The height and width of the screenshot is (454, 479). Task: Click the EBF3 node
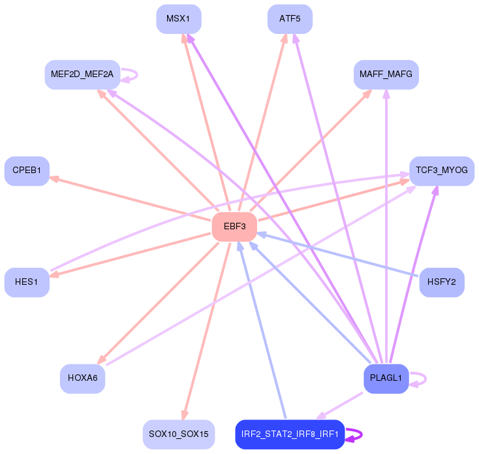point(234,227)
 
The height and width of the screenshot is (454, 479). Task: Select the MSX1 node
point(178,19)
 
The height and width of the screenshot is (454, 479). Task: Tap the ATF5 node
point(290,19)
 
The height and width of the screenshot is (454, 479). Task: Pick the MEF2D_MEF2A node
point(82,74)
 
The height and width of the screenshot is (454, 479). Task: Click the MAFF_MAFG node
point(386,75)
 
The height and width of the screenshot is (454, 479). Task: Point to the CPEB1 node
point(27,170)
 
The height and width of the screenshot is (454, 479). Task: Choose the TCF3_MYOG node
point(441,170)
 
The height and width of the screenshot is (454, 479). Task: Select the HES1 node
point(27,282)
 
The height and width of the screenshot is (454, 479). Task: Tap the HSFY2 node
point(441,282)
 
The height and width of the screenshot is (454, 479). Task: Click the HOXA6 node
point(82,378)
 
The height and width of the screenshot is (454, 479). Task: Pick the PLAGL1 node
point(386,378)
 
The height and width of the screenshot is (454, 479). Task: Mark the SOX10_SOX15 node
point(178,434)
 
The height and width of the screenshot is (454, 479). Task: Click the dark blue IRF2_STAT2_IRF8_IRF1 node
point(290,434)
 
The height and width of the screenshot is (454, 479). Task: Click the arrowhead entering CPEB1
point(54,178)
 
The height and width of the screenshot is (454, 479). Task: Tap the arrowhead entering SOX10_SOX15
point(185,415)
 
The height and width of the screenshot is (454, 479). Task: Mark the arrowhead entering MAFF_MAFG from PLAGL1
point(386,93)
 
